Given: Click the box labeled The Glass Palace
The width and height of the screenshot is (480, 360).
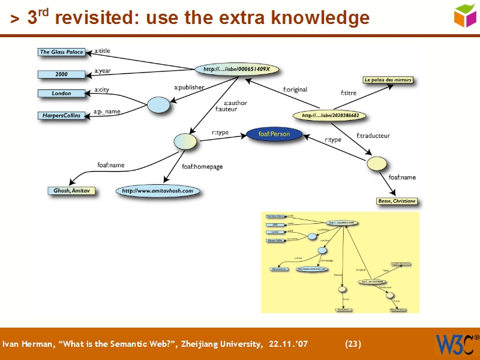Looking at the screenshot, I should (x=61, y=52).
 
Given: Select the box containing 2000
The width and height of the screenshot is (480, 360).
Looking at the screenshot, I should (x=61, y=74).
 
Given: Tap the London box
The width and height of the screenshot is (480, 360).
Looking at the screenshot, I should (x=61, y=94).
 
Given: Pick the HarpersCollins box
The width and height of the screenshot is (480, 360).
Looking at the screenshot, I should (x=61, y=115).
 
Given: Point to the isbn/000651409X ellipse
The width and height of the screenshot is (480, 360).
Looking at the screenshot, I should (x=237, y=70).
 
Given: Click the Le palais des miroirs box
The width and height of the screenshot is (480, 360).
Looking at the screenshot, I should (x=388, y=80).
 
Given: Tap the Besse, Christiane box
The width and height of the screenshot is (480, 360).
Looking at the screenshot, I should (x=397, y=201).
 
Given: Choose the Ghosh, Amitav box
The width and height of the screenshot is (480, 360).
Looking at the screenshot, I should (x=71, y=191).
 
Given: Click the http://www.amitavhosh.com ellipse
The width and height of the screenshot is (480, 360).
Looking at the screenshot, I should (x=158, y=191).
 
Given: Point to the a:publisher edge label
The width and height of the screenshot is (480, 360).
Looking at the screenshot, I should (x=189, y=88).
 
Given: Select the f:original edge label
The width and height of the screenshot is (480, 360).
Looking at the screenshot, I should (x=295, y=90).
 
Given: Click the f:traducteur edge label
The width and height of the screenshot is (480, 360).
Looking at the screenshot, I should (x=373, y=136).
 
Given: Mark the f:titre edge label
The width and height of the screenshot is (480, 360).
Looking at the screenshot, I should (x=349, y=93).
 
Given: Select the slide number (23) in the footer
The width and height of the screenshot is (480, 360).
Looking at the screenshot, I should (x=353, y=344).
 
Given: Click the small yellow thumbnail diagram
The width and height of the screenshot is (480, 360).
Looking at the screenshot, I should (x=340, y=262).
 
